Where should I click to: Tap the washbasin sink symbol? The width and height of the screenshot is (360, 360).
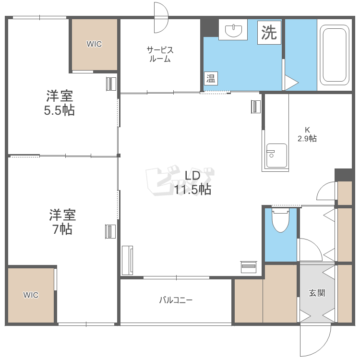click(x=233, y=30)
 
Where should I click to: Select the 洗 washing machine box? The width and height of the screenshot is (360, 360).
click(x=269, y=32)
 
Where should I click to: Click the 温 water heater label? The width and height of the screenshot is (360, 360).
click(x=211, y=79)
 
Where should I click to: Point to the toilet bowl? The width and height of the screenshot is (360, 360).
click(x=280, y=220)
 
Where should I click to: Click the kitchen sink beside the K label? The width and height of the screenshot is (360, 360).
click(x=276, y=156)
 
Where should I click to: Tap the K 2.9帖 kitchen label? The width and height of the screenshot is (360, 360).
click(x=307, y=134)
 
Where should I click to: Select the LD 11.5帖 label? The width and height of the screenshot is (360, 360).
click(x=192, y=183)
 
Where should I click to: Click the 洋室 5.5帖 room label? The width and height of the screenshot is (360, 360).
click(x=60, y=103)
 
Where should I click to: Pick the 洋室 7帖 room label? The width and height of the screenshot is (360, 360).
click(x=62, y=222)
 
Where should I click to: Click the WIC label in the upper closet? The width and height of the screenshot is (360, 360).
click(x=94, y=44)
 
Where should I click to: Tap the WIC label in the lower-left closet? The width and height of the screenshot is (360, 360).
click(x=31, y=295)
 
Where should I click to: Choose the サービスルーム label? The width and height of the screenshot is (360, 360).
click(x=160, y=54)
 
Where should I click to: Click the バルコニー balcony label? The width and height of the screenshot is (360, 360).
click(x=176, y=300)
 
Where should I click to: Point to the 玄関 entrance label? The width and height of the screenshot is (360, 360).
click(x=317, y=293)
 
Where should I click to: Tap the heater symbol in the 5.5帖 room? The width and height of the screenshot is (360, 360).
click(x=111, y=84)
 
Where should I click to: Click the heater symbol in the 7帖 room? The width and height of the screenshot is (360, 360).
click(x=110, y=231)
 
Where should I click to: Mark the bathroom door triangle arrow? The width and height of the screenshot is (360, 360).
click(x=291, y=83)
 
